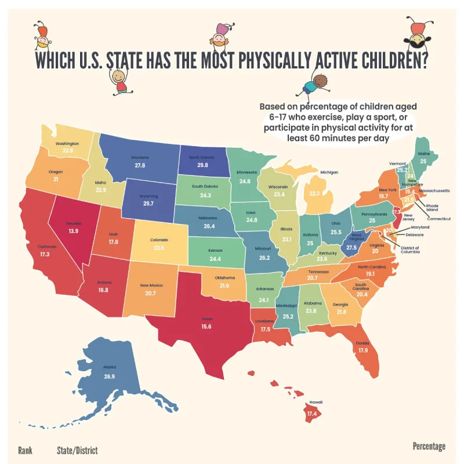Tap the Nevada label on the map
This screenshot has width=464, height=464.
[x=73, y=223]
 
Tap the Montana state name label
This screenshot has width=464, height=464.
[x=140, y=157]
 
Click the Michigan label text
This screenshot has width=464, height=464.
[x=329, y=172]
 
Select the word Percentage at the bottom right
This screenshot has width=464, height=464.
[x=429, y=446]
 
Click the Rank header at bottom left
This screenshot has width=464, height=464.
[x=25, y=450]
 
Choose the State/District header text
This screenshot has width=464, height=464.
[x=77, y=450]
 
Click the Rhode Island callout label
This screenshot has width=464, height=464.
[x=433, y=207]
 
